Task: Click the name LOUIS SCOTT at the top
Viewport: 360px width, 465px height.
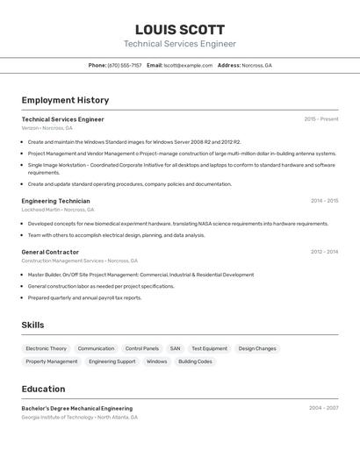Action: (x=180, y=30)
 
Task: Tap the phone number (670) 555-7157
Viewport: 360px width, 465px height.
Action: (x=125, y=65)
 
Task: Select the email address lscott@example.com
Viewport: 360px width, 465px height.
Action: (x=188, y=65)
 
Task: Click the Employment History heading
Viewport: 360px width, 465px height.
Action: (x=65, y=100)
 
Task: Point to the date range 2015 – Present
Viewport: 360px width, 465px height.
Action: (x=320, y=119)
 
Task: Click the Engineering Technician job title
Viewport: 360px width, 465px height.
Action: (x=55, y=201)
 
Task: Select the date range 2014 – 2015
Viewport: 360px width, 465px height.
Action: (x=324, y=201)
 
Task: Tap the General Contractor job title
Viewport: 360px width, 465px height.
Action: (x=50, y=252)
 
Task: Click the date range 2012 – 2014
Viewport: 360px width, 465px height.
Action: (x=324, y=252)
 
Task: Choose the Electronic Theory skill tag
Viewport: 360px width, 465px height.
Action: (x=46, y=348)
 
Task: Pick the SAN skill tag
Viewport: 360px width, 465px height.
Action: (x=175, y=348)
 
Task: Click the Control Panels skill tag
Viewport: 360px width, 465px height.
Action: (x=141, y=348)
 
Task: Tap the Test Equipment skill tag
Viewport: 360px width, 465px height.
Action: (x=209, y=348)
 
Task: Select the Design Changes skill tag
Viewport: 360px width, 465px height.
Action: (x=257, y=348)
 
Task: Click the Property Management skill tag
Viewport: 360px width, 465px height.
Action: (x=52, y=361)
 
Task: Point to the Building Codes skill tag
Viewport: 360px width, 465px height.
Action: (x=195, y=361)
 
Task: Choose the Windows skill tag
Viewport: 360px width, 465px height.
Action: (x=156, y=361)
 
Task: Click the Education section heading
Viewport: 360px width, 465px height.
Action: (x=43, y=389)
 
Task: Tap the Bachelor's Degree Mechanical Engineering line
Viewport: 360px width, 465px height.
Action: (x=77, y=408)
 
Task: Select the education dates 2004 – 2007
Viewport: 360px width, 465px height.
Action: (x=323, y=408)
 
